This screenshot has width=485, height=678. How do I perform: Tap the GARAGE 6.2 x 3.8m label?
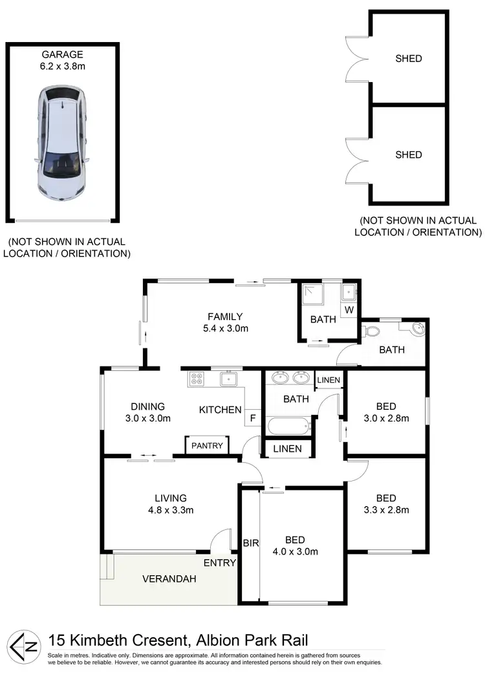pos(63,60)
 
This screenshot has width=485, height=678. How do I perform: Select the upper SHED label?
pos(408,59)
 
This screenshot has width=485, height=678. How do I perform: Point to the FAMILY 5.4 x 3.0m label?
pos(224,322)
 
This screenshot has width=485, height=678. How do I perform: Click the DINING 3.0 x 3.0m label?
pos(147,412)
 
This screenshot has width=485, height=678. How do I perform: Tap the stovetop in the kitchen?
pos(197,379)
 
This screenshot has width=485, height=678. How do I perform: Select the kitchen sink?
pos(228,379)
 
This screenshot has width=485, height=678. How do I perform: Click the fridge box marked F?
pos(253,418)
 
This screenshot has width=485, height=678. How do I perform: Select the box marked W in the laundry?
pos(349,310)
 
